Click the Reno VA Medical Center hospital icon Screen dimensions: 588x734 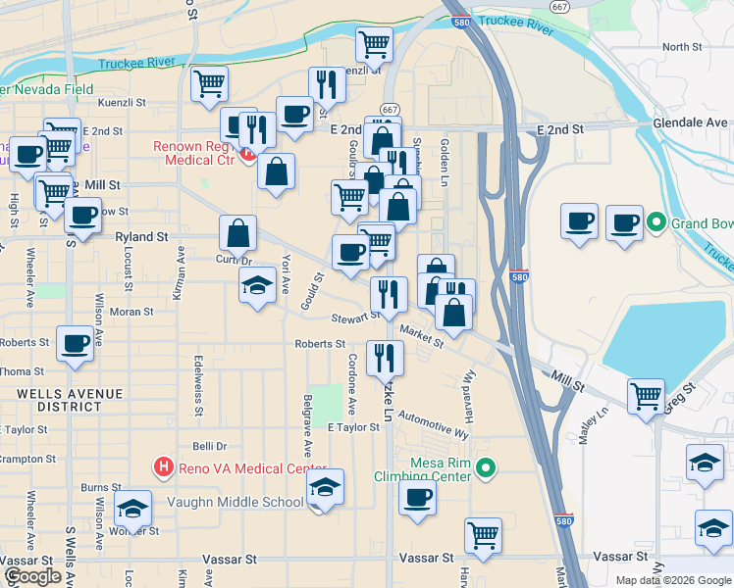click(164, 467)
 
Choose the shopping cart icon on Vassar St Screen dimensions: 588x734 click(484, 535)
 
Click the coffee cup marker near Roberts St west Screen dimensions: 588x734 click(76, 344)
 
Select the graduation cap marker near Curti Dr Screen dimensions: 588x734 click(257, 286)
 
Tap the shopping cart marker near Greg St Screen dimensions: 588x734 click(646, 397)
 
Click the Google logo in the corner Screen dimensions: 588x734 click(32, 576)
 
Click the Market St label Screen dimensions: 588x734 click(422, 338)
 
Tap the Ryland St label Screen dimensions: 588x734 click(141, 236)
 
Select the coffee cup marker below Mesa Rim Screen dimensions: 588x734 click(418, 497)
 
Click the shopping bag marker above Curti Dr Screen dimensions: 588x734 click(237, 233)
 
